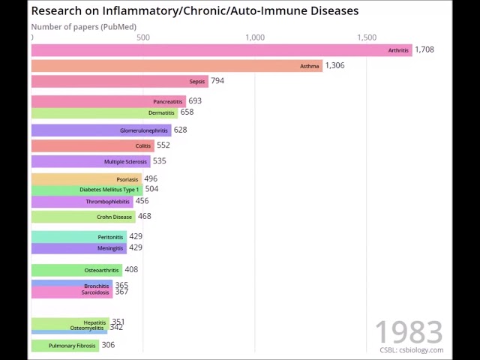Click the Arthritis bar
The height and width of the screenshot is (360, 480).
[221, 50]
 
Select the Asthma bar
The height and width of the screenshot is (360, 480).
[176, 66]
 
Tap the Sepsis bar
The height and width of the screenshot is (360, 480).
[119, 82]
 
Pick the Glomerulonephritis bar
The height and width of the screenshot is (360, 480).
[100, 130]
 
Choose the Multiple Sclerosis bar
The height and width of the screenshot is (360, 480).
[90, 161]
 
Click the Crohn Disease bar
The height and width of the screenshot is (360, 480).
[82, 217]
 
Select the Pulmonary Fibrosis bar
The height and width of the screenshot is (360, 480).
[64, 346]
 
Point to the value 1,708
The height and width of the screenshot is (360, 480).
[424, 49]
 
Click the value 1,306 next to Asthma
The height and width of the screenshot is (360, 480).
[334, 65]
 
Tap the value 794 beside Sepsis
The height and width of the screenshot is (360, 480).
[217, 81]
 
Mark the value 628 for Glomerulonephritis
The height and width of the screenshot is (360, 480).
[180, 130]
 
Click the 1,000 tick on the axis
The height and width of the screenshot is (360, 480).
[255, 37]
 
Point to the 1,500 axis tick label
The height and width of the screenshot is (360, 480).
[367, 37]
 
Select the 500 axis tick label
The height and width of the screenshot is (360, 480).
[143, 37]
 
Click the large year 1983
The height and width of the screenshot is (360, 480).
[409, 331]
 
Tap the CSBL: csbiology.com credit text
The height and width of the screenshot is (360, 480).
[411, 350]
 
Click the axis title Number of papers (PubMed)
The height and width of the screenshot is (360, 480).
[84, 27]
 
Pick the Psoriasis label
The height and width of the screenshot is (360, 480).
[127, 179]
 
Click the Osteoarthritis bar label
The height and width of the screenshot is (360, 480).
[101, 270]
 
